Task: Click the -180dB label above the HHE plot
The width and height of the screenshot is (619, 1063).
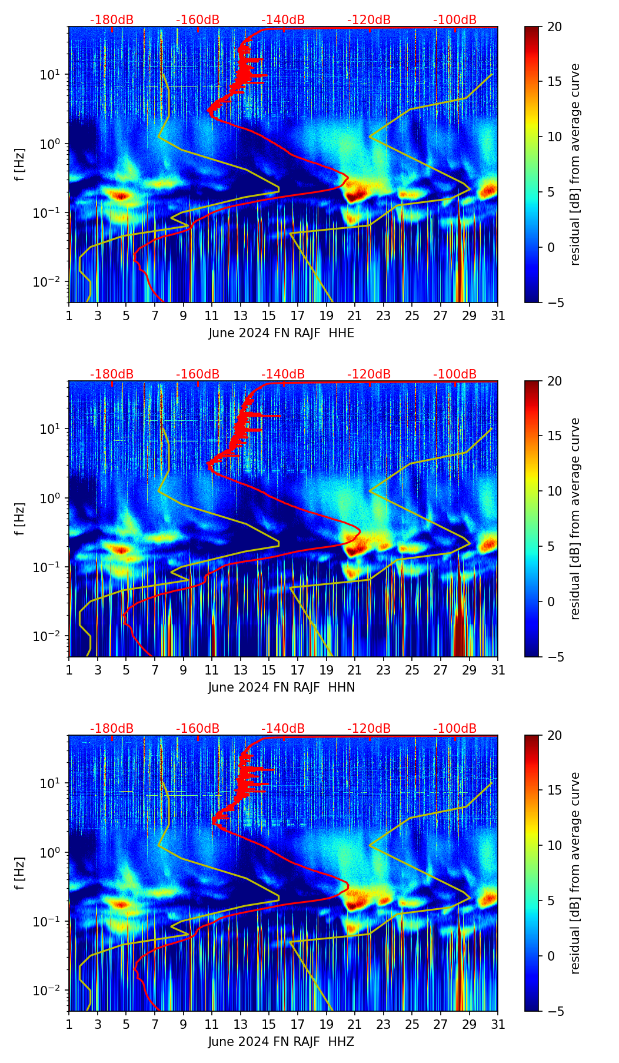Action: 112,20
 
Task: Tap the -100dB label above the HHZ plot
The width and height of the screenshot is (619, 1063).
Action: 455,729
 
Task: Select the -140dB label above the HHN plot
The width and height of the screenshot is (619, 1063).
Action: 283,374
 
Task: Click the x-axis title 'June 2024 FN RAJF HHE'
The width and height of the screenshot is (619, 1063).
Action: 281,333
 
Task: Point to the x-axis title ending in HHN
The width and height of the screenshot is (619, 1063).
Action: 281,687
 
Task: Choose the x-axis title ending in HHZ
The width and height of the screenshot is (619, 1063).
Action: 281,1042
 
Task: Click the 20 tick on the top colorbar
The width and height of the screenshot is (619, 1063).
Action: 554,26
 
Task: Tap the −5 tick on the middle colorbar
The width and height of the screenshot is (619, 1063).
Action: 554,657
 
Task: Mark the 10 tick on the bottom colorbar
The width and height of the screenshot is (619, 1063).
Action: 554,845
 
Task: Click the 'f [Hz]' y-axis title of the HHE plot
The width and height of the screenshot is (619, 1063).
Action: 20,164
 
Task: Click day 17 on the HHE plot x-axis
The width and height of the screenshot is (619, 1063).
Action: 297,315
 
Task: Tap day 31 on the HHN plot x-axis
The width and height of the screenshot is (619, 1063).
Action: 498,670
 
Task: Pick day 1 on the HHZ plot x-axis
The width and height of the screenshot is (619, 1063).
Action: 69,1024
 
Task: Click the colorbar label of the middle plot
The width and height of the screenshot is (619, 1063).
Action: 575,519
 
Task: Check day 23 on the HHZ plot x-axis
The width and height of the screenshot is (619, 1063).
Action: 383,1024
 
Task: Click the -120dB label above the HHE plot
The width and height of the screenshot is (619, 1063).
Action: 369,20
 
